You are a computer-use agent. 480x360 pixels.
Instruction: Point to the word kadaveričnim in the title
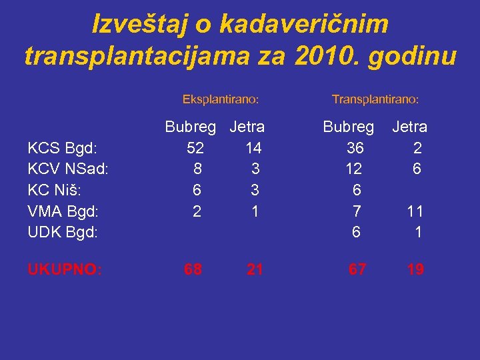[303, 25]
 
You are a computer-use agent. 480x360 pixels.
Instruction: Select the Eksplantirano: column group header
[221, 99]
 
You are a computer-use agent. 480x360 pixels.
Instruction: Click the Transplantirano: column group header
[375, 99]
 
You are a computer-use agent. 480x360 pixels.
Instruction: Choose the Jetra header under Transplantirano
[409, 127]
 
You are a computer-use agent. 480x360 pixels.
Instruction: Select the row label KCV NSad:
[68, 169]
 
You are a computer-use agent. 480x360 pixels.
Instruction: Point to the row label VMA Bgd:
[63, 212]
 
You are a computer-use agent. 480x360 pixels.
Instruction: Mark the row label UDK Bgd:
[63, 233]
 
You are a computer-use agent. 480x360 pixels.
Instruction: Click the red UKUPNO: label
[65, 270]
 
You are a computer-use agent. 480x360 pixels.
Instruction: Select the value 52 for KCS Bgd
[195, 148]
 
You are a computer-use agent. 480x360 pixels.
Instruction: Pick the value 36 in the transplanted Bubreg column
[355, 148]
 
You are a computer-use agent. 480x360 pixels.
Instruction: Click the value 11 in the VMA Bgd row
[415, 212]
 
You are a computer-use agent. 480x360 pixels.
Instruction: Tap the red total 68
[194, 270]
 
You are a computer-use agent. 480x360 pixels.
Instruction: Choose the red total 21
[255, 270]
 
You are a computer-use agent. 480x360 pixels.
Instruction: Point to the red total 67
[357, 270]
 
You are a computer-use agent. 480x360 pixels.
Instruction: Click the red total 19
[415, 270]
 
